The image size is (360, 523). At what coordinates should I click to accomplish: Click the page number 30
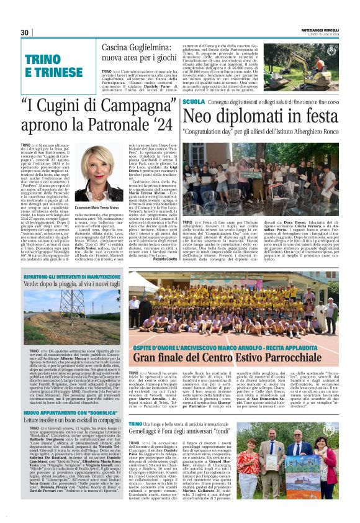pos(25,32)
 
